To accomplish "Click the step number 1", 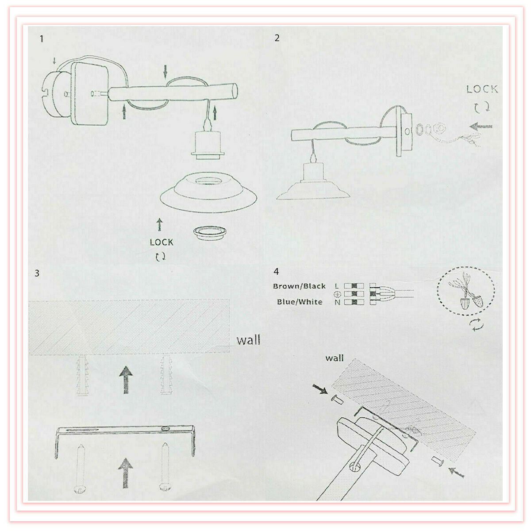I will click(x=42, y=38).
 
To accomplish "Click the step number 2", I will click(x=277, y=38).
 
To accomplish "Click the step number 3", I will click(x=37, y=273).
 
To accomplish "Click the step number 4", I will click(x=277, y=271).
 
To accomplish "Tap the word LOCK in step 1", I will click(x=162, y=242).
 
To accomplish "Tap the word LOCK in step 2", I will click(x=482, y=89).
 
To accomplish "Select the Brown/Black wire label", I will click(x=299, y=286).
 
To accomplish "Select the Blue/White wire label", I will click(x=300, y=302).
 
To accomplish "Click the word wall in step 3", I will click(x=248, y=340).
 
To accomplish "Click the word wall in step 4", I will click(x=335, y=358).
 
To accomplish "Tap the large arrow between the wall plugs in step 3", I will click(x=127, y=379).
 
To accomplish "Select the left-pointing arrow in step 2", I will click(x=481, y=127).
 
